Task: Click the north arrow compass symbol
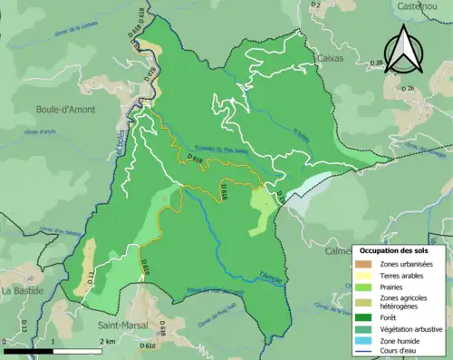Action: (x=404, y=49)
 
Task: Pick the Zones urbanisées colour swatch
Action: (x=364, y=264)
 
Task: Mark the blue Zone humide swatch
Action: (x=364, y=342)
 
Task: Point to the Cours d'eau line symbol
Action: (x=364, y=354)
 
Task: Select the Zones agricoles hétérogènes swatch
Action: (x=364, y=303)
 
